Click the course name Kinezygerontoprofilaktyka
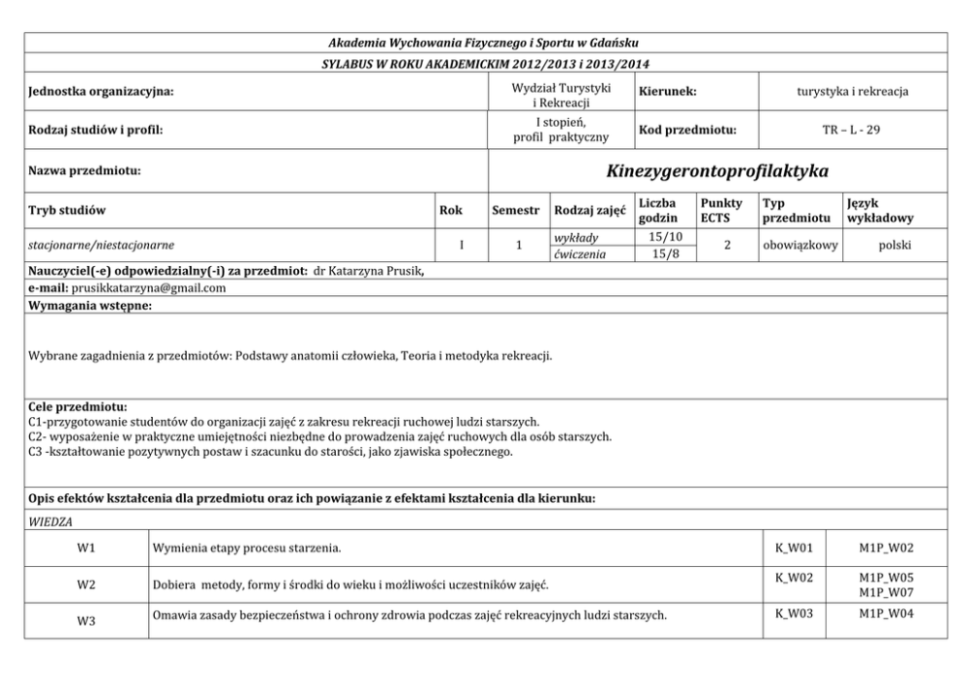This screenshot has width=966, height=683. click(x=717, y=171)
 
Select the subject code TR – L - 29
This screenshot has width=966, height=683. click(x=852, y=130)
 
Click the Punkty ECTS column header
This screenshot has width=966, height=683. click(x=721, y=209)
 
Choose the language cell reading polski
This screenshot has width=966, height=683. click(x=894, y=246)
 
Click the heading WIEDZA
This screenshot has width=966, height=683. click(x=45, y=522)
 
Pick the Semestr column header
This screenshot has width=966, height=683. click(x=515, y=209)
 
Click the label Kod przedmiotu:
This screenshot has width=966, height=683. click(x=687, y=130)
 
